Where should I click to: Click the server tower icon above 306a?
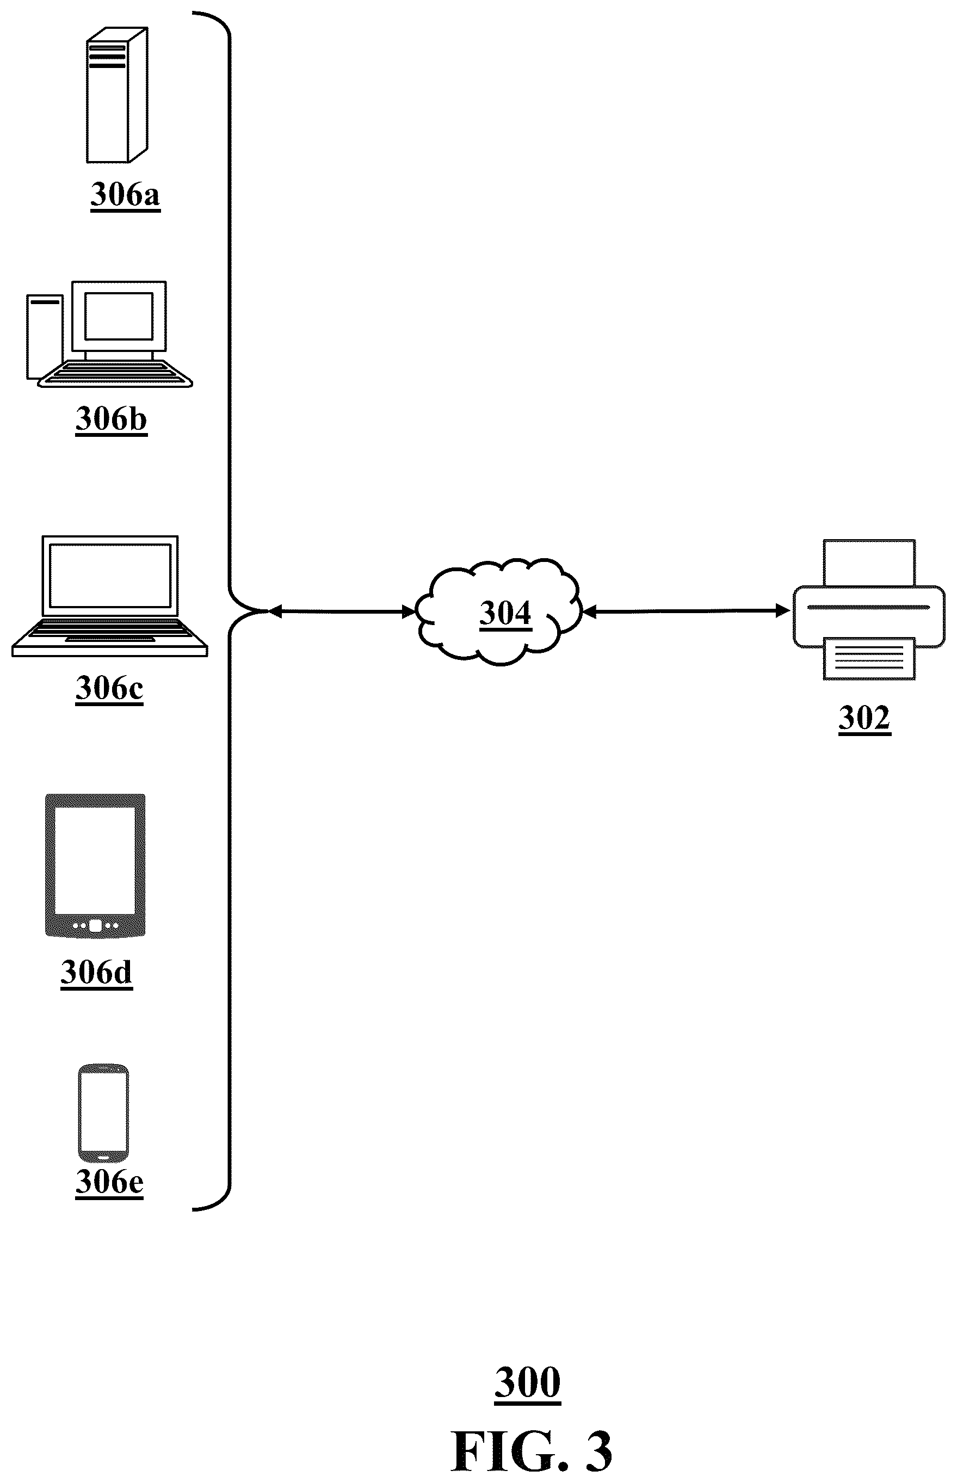(x=117, y=95)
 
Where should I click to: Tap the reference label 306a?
(x=126, y=195)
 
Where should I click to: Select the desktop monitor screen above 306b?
(x=119, y=316)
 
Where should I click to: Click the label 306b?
(x=111, y=419)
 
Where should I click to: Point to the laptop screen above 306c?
(x=110, y=576)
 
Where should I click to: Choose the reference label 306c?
(x=109, y=688)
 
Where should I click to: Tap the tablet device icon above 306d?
(x=96, y=866)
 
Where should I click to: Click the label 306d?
(x=96, y=972)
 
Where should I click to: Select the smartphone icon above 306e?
(x=103, y=1113)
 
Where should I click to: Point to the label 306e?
(x=109, y=1182)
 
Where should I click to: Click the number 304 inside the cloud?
(x=505, y=613)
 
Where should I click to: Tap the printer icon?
(x=869, y=609)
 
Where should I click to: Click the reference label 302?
(x=865, y=719)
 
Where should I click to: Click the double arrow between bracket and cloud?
(x=342, y=612)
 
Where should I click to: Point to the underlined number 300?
(x=528, y=1383)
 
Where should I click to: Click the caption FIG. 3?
(x=532, y=1451)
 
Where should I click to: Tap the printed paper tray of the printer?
(x=869, y=659)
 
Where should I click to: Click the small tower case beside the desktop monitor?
(x=45, y=337)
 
